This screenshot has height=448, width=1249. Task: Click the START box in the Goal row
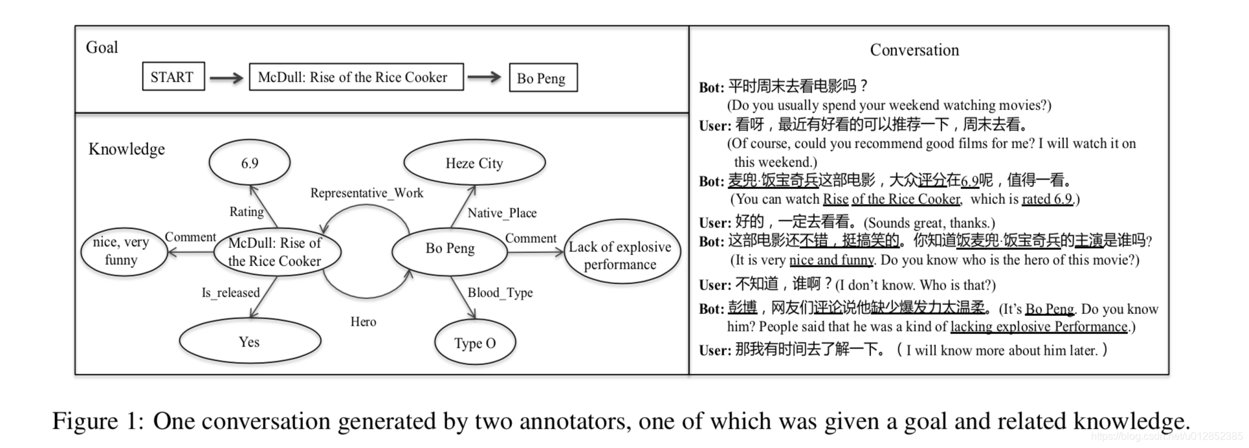(173, 76)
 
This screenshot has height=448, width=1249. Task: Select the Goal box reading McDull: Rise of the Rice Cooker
(356, 77)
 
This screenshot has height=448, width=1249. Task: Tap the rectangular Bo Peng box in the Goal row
(542, 78)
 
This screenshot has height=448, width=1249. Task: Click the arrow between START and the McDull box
(227, 78)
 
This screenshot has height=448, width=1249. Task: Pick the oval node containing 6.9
(249, 162)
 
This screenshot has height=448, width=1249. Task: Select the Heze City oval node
(474, 163)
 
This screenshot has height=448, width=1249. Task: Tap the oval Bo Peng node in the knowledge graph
(450, 249)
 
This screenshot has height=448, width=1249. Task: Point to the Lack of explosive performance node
(621, 255)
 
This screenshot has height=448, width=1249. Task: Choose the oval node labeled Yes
(250, 342)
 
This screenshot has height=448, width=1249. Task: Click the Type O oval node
(475, 343)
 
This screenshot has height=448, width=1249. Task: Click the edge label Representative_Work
(366, 193)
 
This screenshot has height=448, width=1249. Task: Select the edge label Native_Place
(502, 213)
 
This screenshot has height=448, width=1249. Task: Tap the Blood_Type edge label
(500, 293)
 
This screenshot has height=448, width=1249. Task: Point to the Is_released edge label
(230, 293)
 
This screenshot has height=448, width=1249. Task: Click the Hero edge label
(363, 322)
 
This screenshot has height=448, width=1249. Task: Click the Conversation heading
(914, 50)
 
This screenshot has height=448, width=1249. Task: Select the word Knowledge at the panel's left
(126, 149)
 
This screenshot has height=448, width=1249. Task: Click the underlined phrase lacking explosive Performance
(1038, 327)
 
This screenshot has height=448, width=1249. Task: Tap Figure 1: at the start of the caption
(98, 421)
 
